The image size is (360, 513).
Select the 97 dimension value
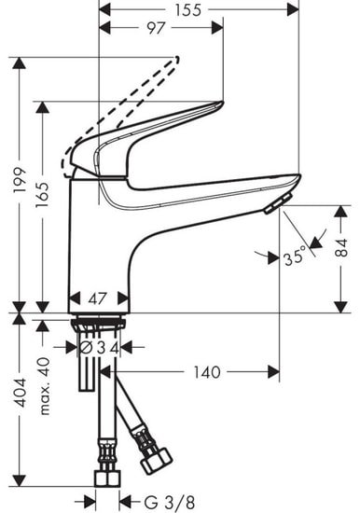(156, 29)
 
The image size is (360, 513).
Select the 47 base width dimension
(98, 300)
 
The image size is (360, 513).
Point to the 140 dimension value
(207, 372)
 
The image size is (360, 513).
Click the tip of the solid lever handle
(219, 104)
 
